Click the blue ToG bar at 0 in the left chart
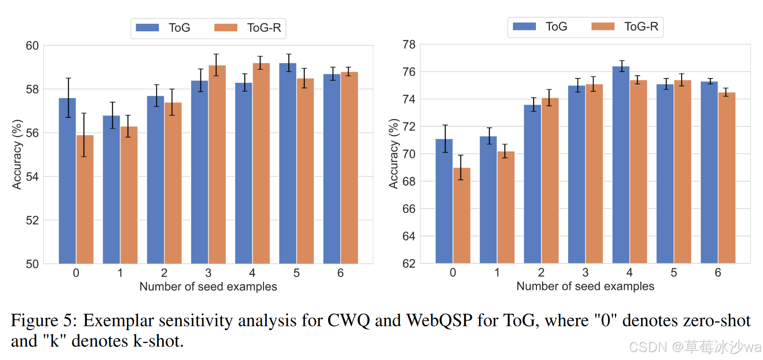coord(67,182)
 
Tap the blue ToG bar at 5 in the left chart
coord(287,164)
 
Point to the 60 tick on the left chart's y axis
coord(32,46)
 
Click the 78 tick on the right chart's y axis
coord(409,45)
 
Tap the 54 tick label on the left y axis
coord(32,177)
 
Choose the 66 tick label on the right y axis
coord(409,209)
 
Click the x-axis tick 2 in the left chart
coord(164,273)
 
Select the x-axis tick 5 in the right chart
coord(673,273)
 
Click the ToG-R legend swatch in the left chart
coord(226,28)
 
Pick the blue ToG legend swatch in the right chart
coord(524,27)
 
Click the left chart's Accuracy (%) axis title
coord(17,154)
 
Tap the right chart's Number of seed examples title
coord(585,286)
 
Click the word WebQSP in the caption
coord(439,321)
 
